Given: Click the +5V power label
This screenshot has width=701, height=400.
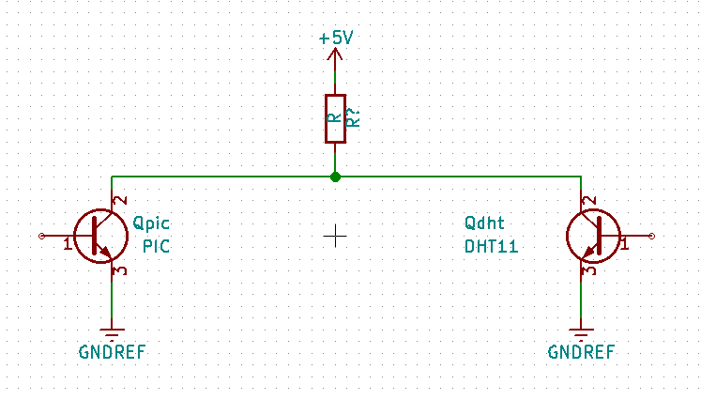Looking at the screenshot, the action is (336, 38).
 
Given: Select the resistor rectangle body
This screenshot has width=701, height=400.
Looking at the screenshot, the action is (335, 118).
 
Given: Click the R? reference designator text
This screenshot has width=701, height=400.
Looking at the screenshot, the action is (354, 118).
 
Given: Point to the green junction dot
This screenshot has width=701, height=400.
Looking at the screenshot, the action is (335, 177).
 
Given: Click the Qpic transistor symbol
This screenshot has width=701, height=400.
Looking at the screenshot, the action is (101, 236).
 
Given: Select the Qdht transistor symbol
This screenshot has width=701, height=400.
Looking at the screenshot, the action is (593, 236).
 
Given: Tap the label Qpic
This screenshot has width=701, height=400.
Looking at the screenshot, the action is (152, 223).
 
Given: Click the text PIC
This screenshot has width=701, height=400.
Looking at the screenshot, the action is (156, 246).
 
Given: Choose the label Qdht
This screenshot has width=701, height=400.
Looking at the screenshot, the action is (484, 223).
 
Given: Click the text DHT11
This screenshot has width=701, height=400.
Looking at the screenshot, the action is (492, 246).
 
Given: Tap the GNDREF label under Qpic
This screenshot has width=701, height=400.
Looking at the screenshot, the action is (113, 352).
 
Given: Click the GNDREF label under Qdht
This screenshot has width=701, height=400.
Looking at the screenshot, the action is (581, 352).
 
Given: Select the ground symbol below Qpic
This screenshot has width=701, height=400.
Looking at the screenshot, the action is (112, 334).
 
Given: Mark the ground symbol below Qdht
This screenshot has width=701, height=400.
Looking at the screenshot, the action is (581, 334).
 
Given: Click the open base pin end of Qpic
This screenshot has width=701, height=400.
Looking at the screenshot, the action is (41, 236).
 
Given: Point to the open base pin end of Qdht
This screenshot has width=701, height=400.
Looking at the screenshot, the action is (652, 236).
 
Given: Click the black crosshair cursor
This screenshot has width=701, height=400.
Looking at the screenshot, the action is (335, 236).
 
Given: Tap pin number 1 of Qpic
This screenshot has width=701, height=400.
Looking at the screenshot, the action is (67, 244).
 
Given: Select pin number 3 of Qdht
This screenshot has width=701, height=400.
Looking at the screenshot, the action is (590, 270).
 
